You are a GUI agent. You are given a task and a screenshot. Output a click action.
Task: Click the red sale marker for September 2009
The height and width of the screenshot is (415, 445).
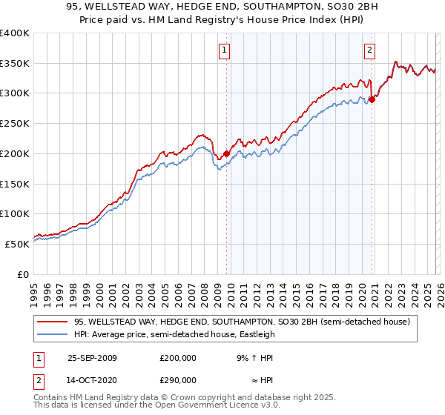coord(226,154)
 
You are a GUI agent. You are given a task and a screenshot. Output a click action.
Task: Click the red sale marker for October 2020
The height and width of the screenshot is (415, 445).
coord(372,100)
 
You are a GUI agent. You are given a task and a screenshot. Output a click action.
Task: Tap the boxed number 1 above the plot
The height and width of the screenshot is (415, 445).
coord(224,50)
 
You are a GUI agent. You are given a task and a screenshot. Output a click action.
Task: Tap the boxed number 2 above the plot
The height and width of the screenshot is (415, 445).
coord(369,50)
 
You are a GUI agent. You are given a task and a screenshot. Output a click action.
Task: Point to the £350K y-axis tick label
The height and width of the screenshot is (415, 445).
coord(15,64)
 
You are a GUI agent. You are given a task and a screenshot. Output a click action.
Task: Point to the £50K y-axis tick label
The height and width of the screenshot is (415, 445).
coord(17,244)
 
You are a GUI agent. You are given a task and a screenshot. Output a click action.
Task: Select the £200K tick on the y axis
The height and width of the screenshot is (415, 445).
coord(15,153)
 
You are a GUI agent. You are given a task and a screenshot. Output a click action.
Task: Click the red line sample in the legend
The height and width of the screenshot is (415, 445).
coord(53,322)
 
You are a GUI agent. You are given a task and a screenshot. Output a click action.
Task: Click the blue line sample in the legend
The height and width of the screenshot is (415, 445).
coord(53,334)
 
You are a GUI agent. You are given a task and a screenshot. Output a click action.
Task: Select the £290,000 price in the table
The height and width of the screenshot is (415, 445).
coord(178,379)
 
